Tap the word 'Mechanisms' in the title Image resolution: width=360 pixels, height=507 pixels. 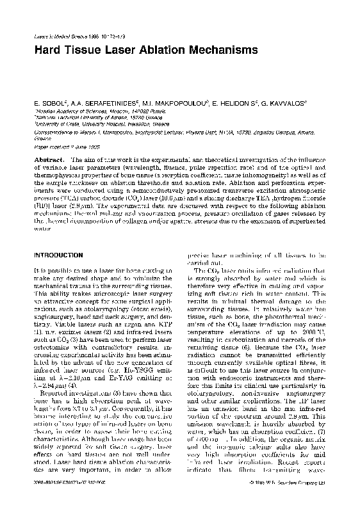(x=215, y=49)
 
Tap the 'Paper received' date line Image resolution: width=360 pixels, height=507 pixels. (x=63, y=145)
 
